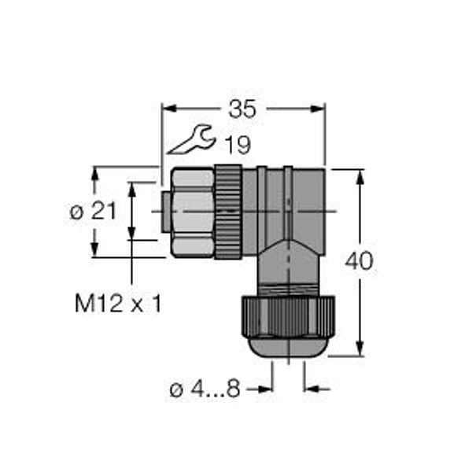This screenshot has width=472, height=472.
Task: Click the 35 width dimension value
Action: pos(242,109)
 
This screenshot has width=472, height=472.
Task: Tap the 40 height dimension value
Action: pos(360,261)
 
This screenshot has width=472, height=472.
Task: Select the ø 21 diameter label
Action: pos(93,211)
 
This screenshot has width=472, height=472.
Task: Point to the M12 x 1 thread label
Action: pos(118,303)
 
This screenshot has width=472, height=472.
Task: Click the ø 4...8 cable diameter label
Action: pos(205,389)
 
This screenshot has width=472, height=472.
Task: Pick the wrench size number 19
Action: pos(238,145)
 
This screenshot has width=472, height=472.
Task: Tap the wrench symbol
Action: pos(192,139)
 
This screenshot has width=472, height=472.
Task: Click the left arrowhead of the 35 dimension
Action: pos(169,109)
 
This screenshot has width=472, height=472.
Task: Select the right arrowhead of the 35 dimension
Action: pos(317,109)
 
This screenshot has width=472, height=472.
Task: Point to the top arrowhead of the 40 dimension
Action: pos(360,177)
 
